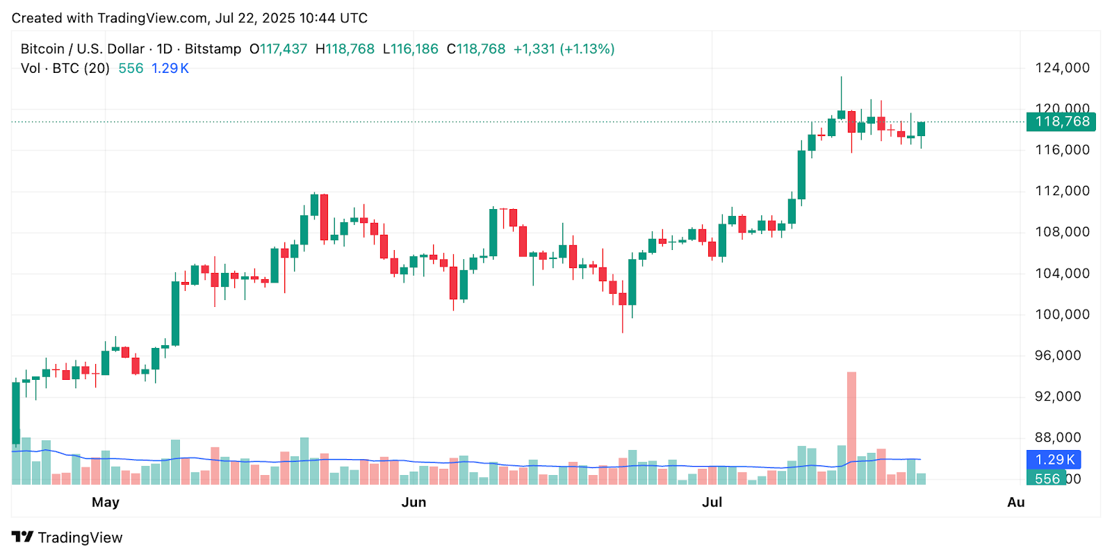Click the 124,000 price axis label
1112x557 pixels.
1062,68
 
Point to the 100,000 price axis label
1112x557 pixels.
1062,315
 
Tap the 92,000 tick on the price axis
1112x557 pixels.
1062,397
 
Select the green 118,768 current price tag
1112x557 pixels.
1061,122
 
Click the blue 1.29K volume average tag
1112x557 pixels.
1054,460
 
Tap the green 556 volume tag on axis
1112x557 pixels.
1046,479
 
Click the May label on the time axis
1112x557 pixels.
106,502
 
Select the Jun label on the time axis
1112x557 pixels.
414,502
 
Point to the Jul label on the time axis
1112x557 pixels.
712,502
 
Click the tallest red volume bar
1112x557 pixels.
851,427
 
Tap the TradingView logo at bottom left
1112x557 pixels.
67,538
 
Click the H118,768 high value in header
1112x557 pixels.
345,49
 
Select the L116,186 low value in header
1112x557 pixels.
411,49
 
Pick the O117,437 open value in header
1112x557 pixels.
278,49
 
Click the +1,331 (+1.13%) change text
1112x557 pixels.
564,49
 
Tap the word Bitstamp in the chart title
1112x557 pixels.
213,49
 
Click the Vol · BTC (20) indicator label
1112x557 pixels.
65,69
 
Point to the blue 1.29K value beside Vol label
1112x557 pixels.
170,69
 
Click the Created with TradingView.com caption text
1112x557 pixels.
189,18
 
